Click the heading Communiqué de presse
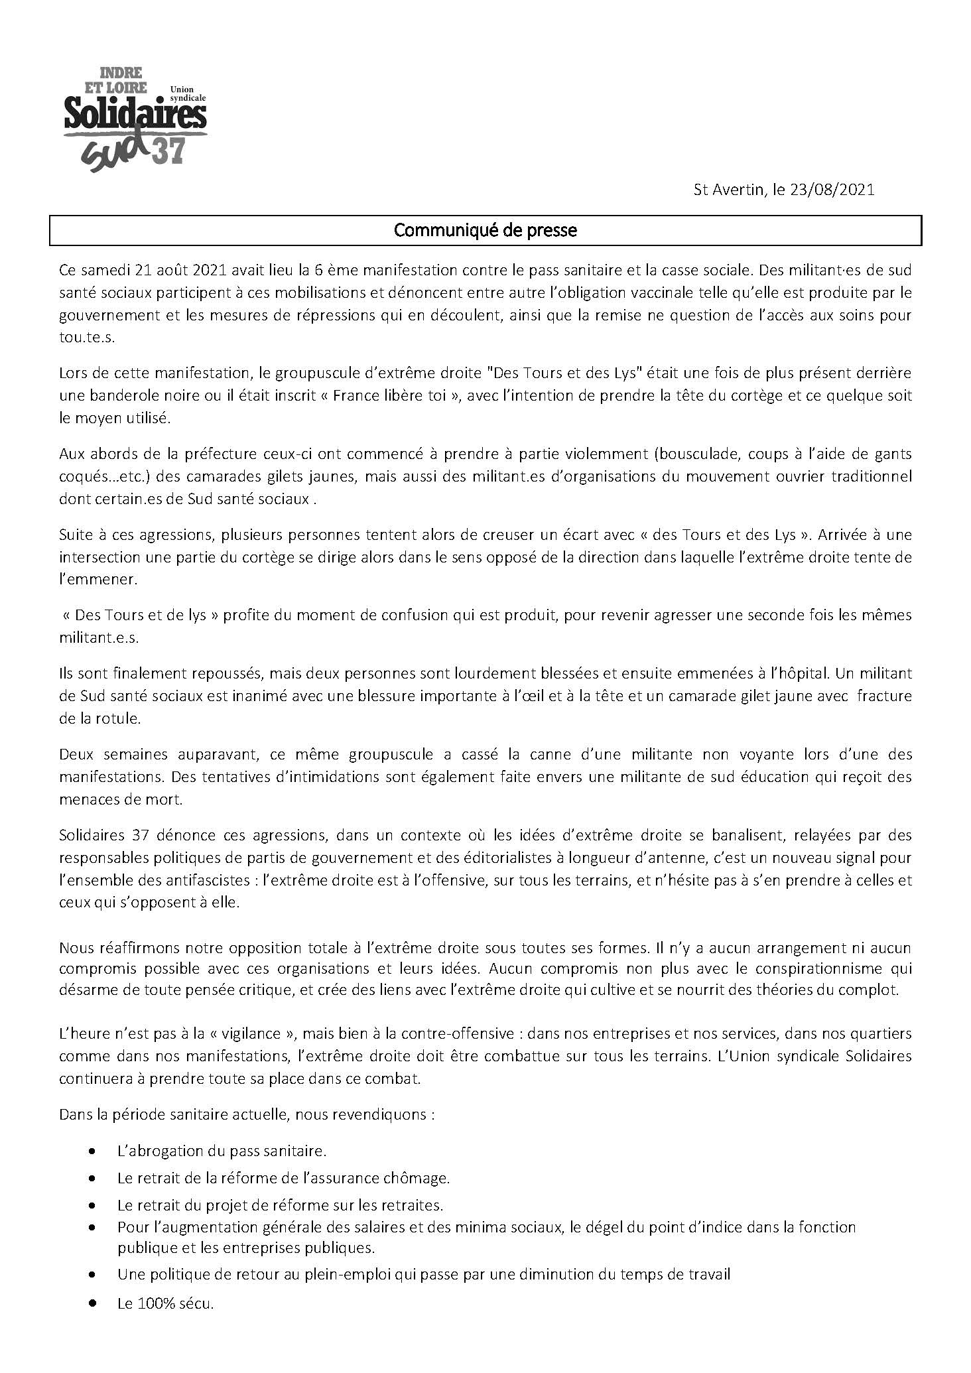[x=485, y=230]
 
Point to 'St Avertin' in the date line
[x=728, y=190]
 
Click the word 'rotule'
[x=119, y=718]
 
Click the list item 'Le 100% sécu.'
[x=165, y=1303]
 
